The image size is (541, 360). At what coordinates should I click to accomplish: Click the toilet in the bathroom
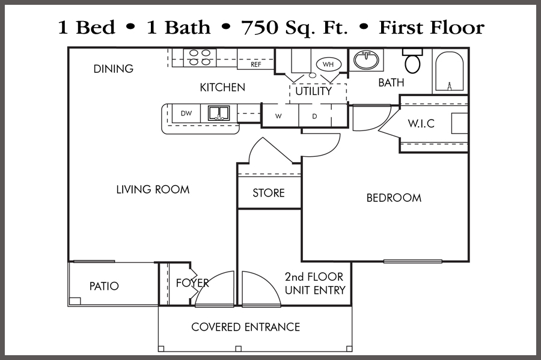(x=413, y=62)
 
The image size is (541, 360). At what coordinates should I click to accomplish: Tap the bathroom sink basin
(x=366, y=60)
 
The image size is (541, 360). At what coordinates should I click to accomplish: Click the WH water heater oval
(x=328, y=64)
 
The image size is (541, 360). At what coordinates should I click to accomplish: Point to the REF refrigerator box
(x=255, y=64)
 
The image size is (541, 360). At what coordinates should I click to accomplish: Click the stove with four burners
(x=200, y=57)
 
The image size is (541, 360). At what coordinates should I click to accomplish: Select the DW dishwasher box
(x=186, y=113)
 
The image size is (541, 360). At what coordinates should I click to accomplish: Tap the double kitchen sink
(x=219, y=113)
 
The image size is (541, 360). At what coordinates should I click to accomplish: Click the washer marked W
(x=279, y=116)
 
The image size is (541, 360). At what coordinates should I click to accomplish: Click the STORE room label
(x=269, y=193)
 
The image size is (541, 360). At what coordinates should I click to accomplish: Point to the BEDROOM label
(x=394, y=198)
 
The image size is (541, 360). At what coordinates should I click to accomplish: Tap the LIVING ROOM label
(x=153, y=189)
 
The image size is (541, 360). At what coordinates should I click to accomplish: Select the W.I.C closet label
(x=421, y=124)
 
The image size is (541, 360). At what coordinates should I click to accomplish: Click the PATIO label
(x=104, y=286)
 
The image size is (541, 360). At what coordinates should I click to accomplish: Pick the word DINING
(x=113, y=69)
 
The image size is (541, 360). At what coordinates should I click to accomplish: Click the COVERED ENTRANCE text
(x=245, y=327)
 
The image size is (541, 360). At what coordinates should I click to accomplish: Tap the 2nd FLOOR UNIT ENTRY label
(x=314, y=284)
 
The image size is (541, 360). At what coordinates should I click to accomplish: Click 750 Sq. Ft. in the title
(x=295, y=28)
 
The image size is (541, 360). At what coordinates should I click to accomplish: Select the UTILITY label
(x=313, y=91)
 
